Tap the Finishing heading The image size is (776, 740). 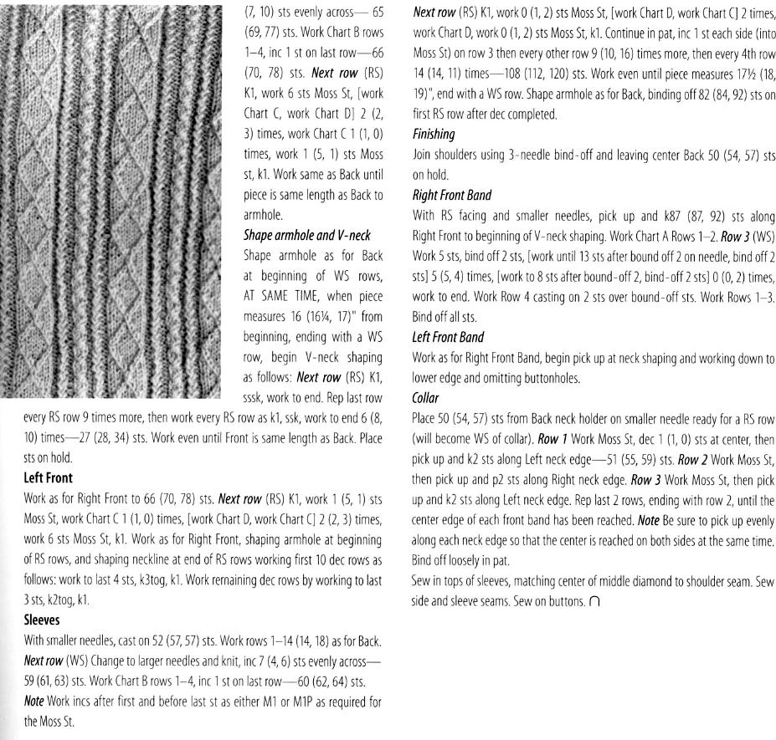coord(434,133)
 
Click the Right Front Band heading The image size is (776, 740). coord(450,195)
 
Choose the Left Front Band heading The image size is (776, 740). coord(448,337)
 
